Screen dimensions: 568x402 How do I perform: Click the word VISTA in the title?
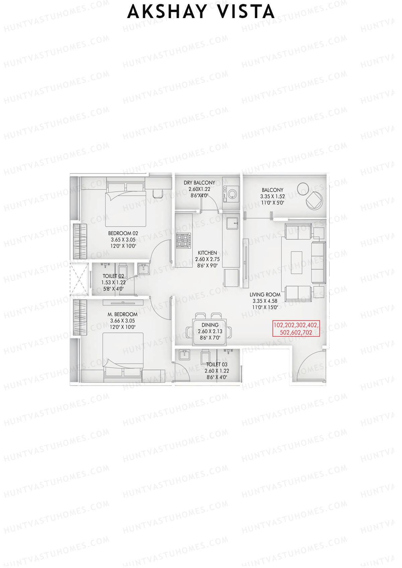click(x=246, y=12)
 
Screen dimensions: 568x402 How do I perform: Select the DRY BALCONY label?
click(x=199, y=183)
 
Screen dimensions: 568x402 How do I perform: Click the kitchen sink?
click(x=232, y=223)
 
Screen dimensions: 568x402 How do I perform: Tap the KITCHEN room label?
click(x=207, y=253)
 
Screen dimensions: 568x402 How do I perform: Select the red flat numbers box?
click(x=296, y=329)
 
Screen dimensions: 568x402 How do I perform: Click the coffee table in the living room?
click(x=296, y=262)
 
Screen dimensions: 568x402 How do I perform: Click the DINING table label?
click(x=210, y=325)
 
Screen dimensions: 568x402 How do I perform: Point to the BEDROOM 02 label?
click(x=123, y=233)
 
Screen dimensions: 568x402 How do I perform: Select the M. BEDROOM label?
click(x=123, y=314)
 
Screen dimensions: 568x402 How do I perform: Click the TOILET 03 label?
click(x=217, y=364)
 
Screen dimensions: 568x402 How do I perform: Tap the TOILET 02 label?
click(x=113, y=276)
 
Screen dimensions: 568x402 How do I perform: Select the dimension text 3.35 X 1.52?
click(x=272, y=196)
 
